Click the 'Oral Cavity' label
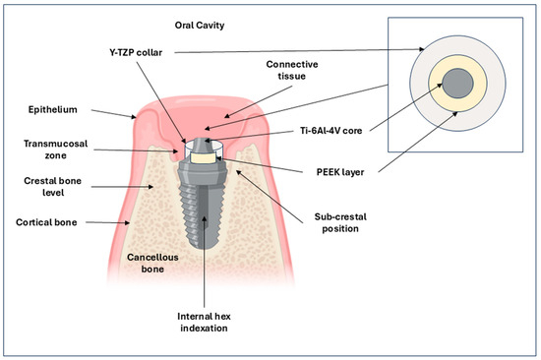[x=200, y=26]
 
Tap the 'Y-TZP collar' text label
[x=136, y=52]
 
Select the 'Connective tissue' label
[x=292, y=70]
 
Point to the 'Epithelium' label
[x=53, y=110]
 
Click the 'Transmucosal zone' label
[x=55, y=150]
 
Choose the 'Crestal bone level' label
[x=53, y=187]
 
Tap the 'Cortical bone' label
[x=46, y=222]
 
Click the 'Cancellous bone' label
[x=152, y=263]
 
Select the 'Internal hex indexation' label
[x=204, y=322]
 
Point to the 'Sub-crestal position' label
[x=340, y=222]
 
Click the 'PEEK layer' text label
[x=340, y=172]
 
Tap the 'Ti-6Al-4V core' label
[x=331, y=131]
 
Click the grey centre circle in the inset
[x=457, y=84]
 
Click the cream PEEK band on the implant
[x=204, y=158]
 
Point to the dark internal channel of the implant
[x=205, y=215]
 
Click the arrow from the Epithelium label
[x=113, y=113]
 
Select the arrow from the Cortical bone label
[x=107, y=222]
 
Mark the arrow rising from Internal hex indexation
[x=205, y=262]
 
